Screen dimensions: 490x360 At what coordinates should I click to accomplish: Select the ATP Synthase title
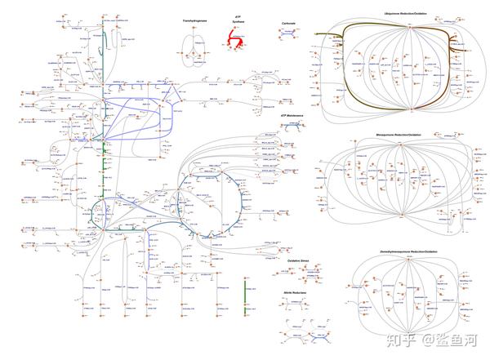click(238, 18)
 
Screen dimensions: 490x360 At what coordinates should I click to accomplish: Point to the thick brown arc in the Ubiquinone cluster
click(347, 65)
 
